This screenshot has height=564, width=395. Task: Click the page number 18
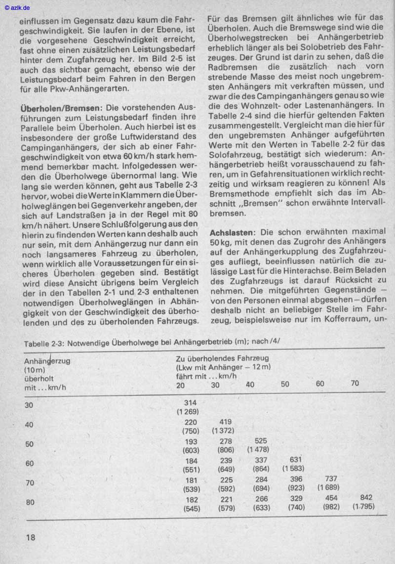[30, 537]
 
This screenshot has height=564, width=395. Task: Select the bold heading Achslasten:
[235, 231]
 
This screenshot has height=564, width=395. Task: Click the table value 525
[260, 441]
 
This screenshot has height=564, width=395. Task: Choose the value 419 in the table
[225, 422]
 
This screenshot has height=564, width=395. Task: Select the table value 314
[190, 403]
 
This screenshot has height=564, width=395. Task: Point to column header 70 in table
[355, 383]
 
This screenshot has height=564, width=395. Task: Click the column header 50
[285, 384]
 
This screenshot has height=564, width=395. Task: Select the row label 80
[30, 503]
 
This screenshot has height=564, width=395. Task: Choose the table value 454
[331, 498]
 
